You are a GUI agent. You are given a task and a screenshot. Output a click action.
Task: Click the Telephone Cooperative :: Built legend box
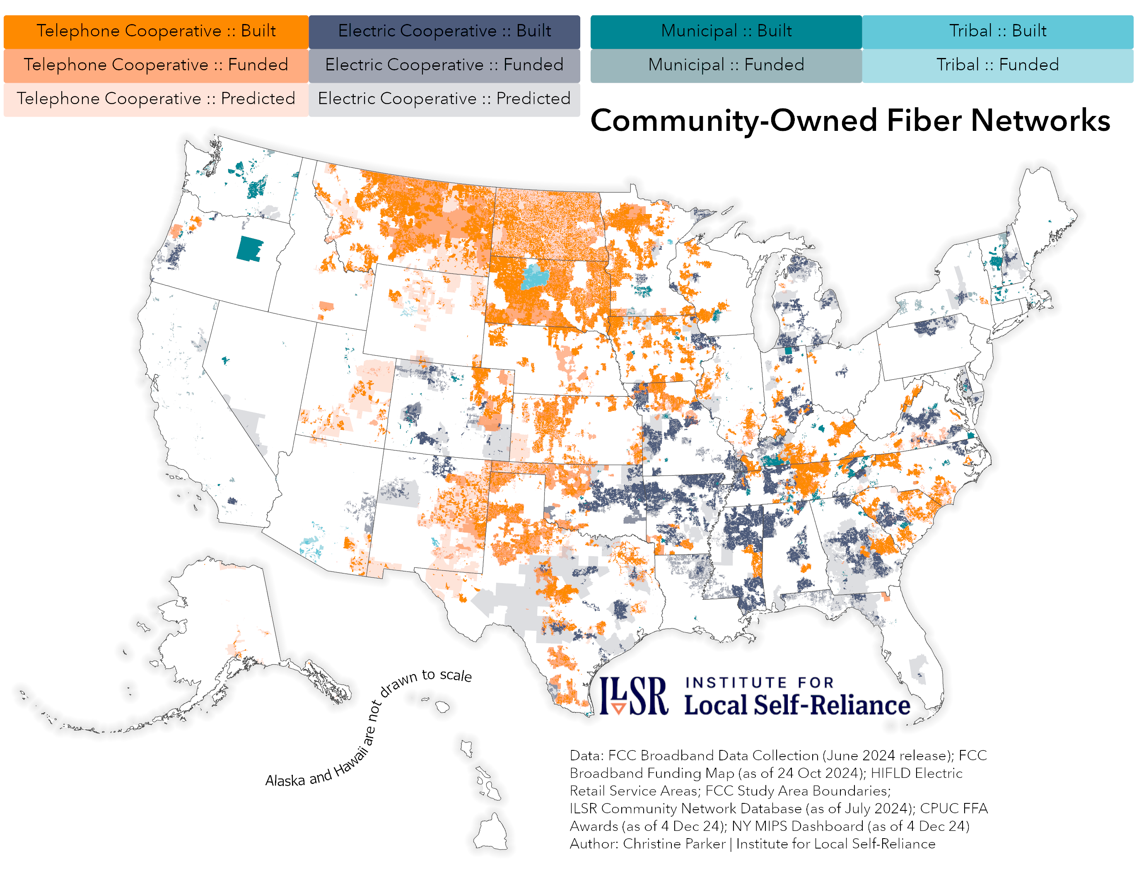click(x=155, y=31)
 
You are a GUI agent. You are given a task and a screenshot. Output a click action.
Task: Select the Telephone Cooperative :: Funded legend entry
click(x=155, y=65)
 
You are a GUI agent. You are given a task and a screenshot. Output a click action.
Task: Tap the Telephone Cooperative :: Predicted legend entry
click(x=155, y=99)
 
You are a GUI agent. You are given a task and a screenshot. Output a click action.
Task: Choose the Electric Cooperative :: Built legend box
click(x=444, y=31)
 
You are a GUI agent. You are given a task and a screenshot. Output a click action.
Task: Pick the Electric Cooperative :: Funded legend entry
click(x=444, y=65)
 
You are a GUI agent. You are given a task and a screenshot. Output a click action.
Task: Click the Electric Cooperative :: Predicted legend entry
click(x=444, y=99)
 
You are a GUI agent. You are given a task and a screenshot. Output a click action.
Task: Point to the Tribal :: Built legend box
click(x=997, y=31)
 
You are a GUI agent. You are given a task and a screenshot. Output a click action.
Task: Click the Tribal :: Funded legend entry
click(x=997, y=65)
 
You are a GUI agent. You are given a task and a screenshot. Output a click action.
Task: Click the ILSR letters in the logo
click(x=633, y=696)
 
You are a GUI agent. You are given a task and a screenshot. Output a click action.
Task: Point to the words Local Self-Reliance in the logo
click(x=796, y=705)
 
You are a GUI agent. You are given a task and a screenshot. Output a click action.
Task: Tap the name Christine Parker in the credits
click(x=674, y=844)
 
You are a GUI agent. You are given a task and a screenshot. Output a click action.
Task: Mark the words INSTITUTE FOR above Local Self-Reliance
click(x=759, y=682)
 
